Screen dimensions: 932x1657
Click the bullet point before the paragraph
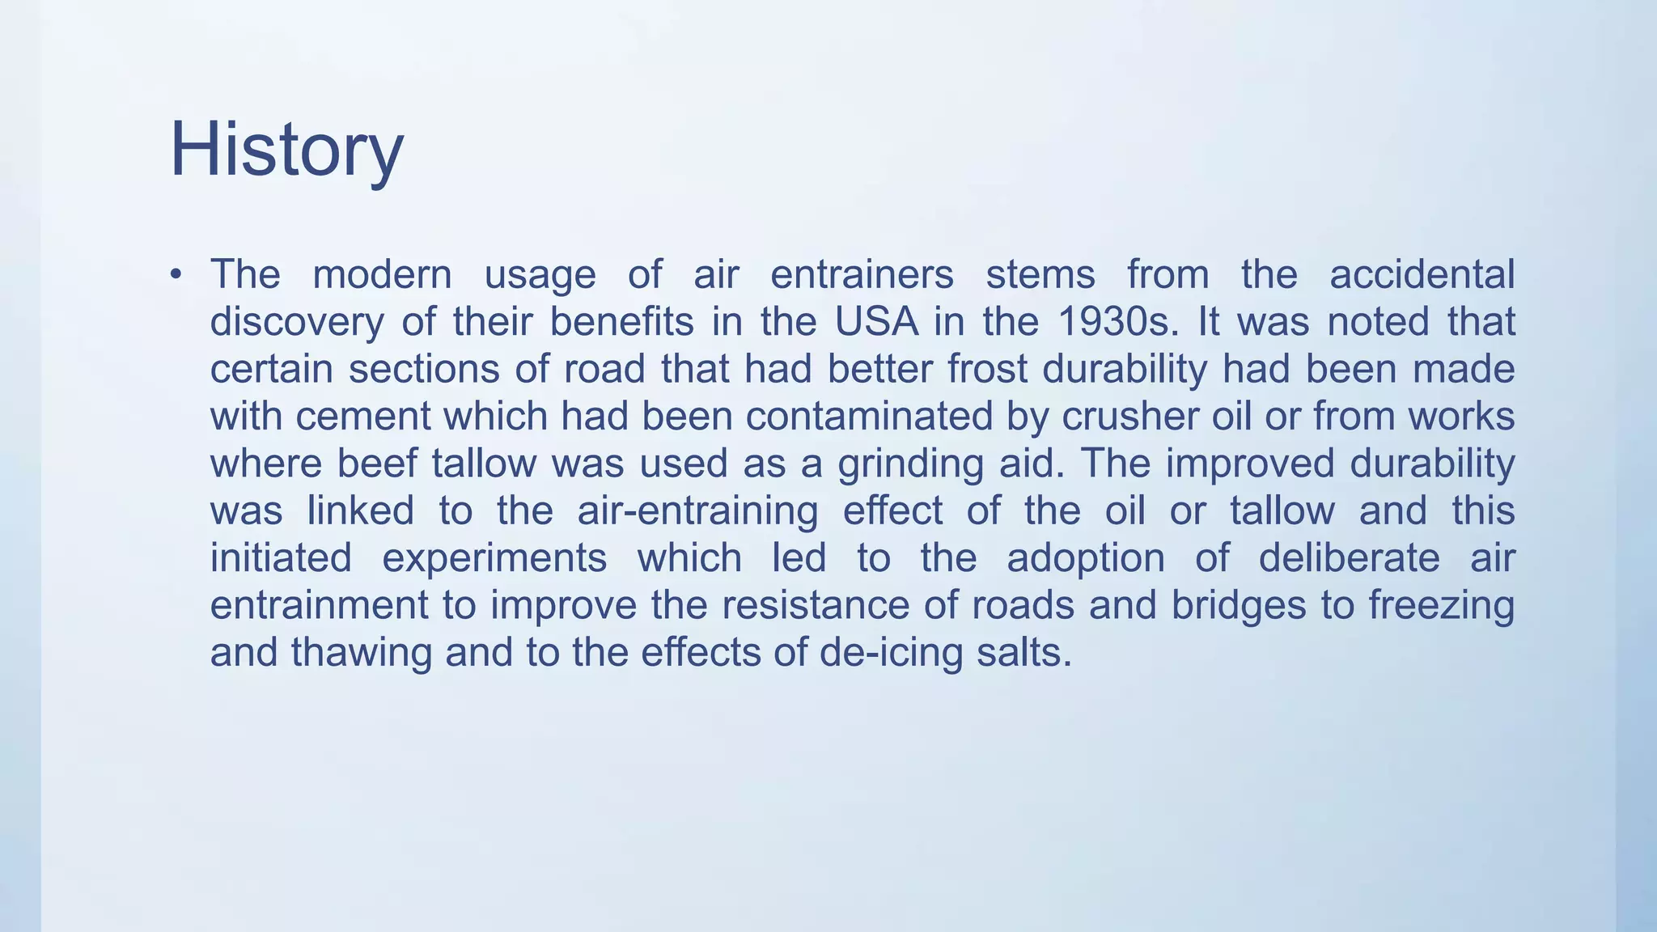(x=176, y=274)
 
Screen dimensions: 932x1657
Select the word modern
(x=382, y=274)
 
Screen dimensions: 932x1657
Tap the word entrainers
(x=862, y=274)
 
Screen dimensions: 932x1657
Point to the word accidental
(x=1422, y=274)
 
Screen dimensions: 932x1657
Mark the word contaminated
(x=869, y=417)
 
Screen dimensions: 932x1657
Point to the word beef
(x=376, y=464)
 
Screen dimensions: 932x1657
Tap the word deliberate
(x=1349, y=558)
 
